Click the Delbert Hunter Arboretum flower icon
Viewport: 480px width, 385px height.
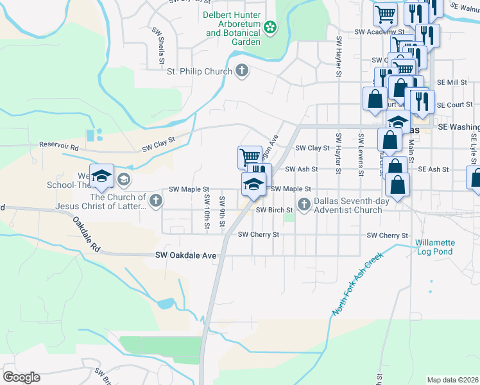pos(271,27)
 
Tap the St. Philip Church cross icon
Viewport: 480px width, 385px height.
pos(241,71)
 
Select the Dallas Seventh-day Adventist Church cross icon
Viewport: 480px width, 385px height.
pos(304,205)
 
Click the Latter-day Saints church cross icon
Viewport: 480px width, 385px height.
pos(155,201)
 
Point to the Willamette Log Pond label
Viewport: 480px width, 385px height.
pos(434,247)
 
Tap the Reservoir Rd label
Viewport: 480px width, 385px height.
pos(58,146)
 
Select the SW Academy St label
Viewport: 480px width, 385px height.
pos(381,31)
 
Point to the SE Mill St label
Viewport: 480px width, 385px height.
pos(452,82)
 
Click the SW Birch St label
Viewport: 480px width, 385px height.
pos(274,210)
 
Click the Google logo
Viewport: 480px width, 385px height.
pos(21,377)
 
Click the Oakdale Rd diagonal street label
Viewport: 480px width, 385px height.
pos(87,235)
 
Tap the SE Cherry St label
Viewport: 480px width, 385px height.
pos(387,235)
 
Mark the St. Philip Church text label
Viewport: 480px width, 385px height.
pos(199,71)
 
